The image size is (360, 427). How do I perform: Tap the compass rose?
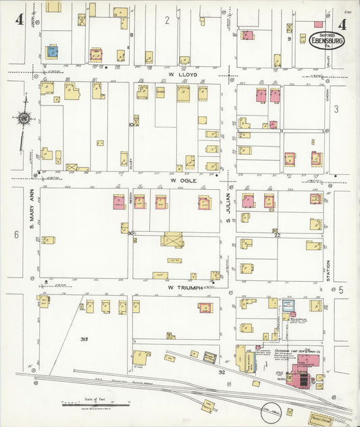tap(24, 118)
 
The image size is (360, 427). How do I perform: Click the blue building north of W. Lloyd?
tap(52, 51)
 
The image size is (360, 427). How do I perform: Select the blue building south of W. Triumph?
tap(288, 305)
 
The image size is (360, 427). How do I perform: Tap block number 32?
tap(221, 372)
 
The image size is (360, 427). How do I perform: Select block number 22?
tap(277, 235)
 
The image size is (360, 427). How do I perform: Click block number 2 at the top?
tap(167, 20)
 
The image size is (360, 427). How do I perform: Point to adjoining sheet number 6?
tap(16, 234)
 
